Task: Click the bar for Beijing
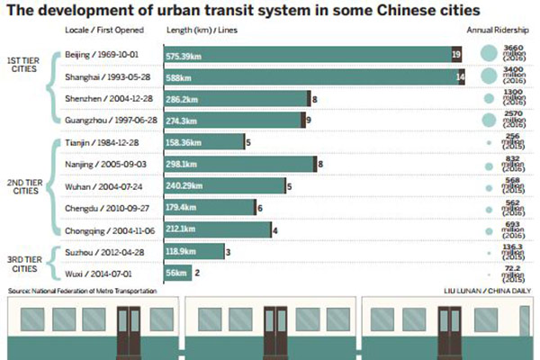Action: (x=306, y=55)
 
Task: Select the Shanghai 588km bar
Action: (x=306, y=76)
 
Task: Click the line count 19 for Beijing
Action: (x=457, y=55)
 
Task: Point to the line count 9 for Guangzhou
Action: (x=309, y=119)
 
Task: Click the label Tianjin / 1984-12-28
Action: (x=100, y=141)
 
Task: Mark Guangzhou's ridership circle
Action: (x=488, y=119)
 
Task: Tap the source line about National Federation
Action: (x=82, y=291)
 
